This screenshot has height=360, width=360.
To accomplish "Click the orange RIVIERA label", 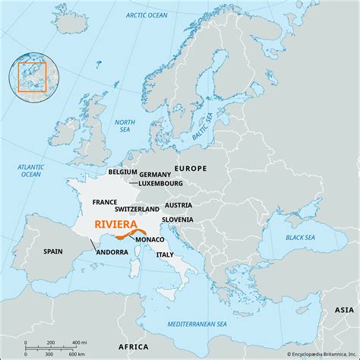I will [115, 225].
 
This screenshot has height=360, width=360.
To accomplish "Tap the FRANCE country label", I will [104, 203].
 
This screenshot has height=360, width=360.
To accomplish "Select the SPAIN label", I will [52, 251].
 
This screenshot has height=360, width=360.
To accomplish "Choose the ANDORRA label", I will [112, 251].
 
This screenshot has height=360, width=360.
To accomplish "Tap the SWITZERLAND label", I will [137, 208].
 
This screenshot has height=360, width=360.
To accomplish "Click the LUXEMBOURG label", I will [161, 183].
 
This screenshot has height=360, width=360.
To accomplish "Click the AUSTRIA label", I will [178, 205].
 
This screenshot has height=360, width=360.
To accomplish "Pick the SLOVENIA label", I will [177, 219].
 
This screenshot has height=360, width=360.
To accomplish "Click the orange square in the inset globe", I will [33, 77].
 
